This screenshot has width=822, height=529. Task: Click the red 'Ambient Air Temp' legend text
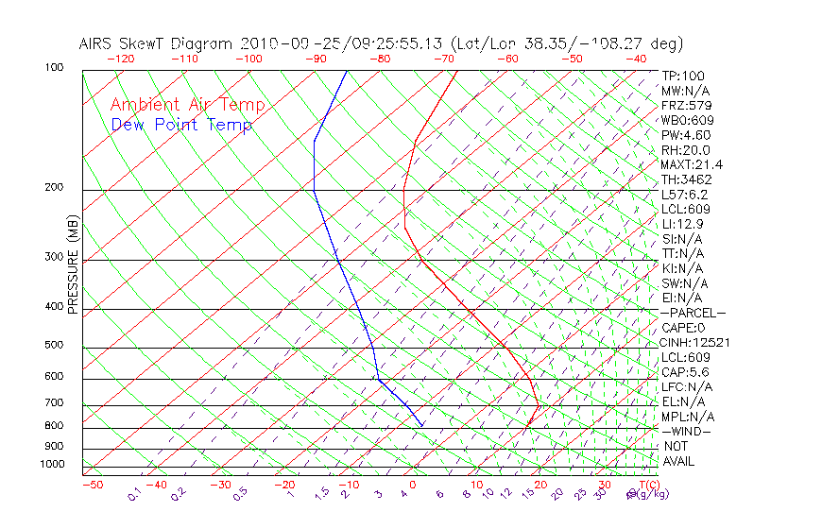187,106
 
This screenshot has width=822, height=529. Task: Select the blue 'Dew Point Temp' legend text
181,126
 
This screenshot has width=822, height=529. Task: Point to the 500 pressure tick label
54,346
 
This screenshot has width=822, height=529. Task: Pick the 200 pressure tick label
54,188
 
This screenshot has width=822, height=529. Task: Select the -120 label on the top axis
120,58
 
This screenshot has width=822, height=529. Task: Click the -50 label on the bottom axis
92,485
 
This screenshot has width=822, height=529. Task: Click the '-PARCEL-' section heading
693,313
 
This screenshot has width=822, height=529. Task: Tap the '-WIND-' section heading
687,431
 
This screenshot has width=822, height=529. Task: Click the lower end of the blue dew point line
421,426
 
